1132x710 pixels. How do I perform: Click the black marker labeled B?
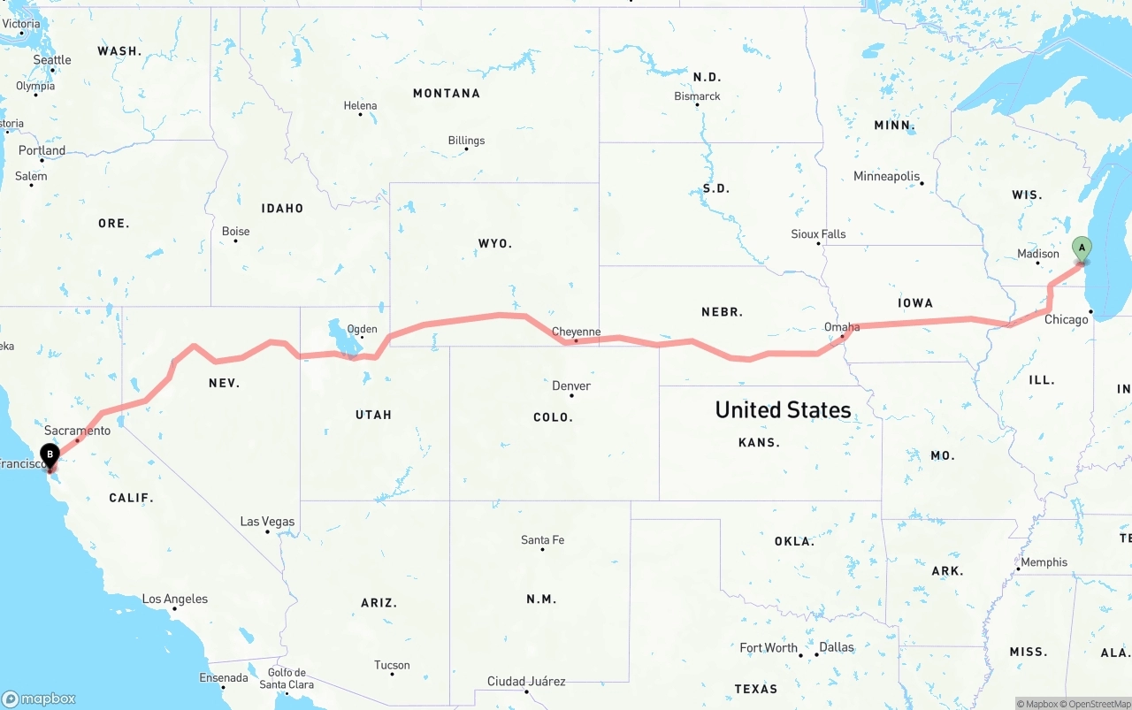click(50, 456)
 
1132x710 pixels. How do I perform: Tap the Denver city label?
click(570, 386)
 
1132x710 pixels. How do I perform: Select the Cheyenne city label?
click(576, 332)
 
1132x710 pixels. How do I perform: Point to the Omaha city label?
click(841, 327)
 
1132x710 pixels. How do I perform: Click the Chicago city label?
click(1066, 319)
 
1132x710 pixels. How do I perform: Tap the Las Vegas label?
click(267, 522)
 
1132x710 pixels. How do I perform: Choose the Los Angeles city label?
click(175, 599)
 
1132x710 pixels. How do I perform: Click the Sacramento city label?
click(77, 431)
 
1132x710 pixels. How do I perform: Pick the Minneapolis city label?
click(886, 176)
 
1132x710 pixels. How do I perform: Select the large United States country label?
click(783, 409)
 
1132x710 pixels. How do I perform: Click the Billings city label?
click(466, 140)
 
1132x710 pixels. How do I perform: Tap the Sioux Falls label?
click(818, 234)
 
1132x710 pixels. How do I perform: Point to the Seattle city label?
click(52, 59)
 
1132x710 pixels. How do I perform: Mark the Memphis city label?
click(1044, 562)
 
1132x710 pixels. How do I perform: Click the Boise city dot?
click(235, 240)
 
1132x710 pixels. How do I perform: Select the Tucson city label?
click(392, 665)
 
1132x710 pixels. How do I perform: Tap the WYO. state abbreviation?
click(494, 243)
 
